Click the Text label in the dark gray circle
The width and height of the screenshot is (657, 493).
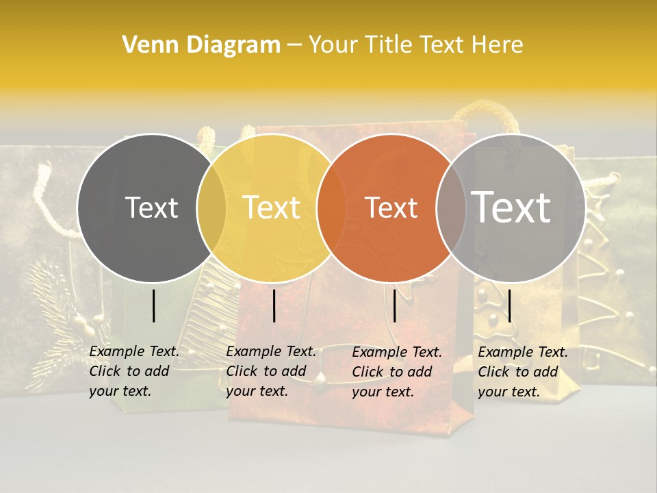[x=151, y=207]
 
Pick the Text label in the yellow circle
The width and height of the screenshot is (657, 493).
[x=271, y=207]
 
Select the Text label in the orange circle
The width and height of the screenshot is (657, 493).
[x=391, y=207]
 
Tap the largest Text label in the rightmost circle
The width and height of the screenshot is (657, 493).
[x=511, y=207]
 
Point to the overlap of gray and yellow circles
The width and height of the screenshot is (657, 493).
[x=211, y=207]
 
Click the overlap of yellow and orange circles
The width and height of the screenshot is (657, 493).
[x=331, y=207]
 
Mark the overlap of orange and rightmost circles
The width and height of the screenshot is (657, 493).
[x=451, y=207]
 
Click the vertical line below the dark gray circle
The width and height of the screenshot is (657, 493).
[x=154, y=305]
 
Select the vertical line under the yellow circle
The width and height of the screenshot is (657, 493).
[x=274, y=305]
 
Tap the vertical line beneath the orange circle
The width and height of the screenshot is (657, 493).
[x=394, y=305]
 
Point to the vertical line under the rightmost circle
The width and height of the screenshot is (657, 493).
[x=509, y=305]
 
